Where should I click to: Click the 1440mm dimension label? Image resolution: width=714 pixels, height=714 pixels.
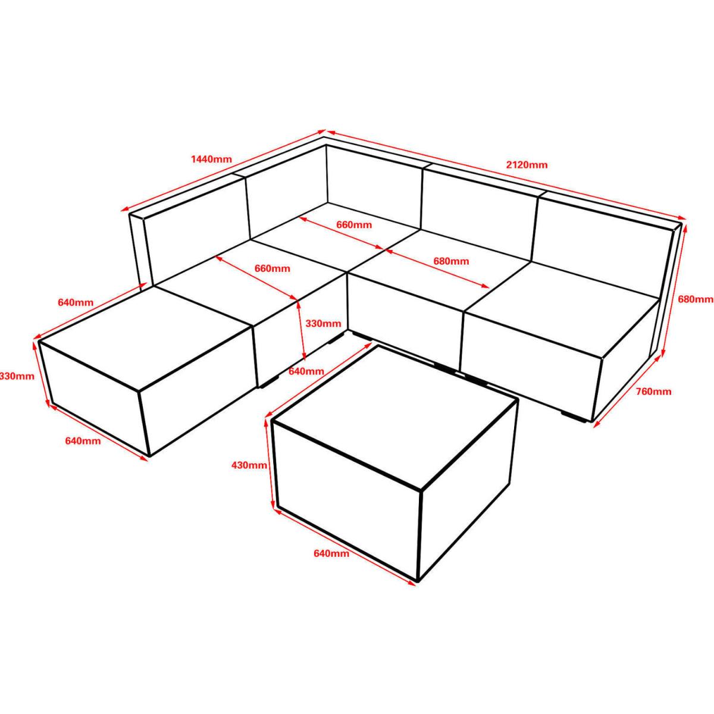[x=211, y=159]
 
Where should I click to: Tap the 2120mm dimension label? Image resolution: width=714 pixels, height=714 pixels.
[x=527, y=165]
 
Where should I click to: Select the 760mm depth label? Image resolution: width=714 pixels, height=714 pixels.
[x=653, y=392]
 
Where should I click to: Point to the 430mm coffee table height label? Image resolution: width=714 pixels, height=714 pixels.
[x=249, y=465]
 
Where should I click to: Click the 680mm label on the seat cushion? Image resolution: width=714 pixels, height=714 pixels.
[x=451, y=261]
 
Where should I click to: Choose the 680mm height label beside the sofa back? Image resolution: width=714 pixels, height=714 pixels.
[x=696, y=299]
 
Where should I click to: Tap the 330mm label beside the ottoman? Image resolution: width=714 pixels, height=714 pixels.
[x=17, y=377]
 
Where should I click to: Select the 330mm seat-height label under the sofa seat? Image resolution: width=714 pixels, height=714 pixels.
[x=323, y=324]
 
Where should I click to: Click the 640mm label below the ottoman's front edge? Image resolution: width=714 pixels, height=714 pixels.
[x=83, y=441]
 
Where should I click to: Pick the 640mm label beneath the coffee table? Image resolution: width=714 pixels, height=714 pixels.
[x=331, y=564]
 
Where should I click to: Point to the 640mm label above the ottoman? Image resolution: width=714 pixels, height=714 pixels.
[x=76, y=302]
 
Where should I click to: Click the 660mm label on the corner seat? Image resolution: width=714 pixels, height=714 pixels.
[x=354, y=225]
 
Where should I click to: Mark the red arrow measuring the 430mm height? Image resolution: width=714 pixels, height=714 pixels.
[x=270, y=464]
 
